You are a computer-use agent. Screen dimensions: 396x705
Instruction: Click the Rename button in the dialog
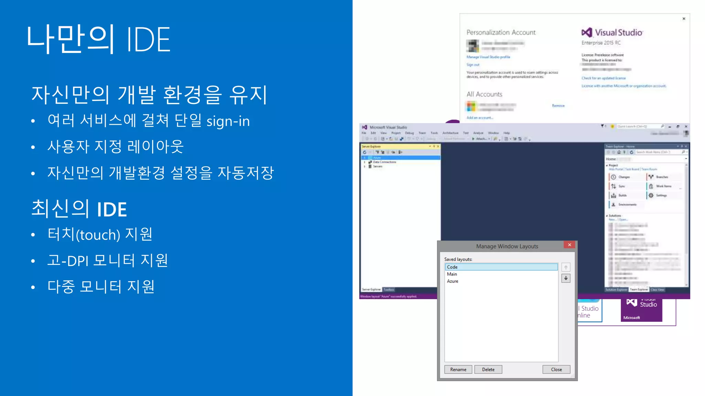(x=458, y=370)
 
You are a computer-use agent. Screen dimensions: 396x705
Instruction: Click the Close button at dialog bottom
(x=556, y=370)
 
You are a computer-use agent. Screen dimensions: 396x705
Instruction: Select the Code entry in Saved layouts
(x=501, y=267)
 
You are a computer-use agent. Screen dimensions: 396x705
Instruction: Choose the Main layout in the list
(x=452, y=274)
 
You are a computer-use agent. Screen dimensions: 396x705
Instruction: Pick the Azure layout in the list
(x=453, y=281)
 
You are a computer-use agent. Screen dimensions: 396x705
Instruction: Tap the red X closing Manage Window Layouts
(x=569, y=245)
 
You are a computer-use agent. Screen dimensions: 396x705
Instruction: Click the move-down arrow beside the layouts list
(x=566, y=278)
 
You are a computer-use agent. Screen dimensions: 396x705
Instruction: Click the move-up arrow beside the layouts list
(x=566, y=267)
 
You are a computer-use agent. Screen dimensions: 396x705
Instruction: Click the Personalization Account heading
(x=501, y=32)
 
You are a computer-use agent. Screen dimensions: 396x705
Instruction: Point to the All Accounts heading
(x=484, y=94)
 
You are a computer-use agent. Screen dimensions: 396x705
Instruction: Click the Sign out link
(x=473, y=65)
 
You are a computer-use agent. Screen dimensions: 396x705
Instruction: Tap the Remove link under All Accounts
(x=558, y=106)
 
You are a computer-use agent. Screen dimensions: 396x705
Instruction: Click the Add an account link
(x=480, y=118)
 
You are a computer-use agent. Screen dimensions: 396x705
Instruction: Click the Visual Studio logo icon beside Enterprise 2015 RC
(x=587, y=32)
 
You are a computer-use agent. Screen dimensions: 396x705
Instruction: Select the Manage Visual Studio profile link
(x=488, y=57)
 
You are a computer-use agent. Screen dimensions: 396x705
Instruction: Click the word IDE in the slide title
(x=148, y=40)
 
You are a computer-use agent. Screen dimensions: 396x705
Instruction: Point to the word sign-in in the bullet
(x=228, y=121)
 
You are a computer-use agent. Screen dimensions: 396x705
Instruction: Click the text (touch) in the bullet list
(x=98, y=235)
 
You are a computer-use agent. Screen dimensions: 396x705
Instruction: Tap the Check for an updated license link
(x=603, y=78)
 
